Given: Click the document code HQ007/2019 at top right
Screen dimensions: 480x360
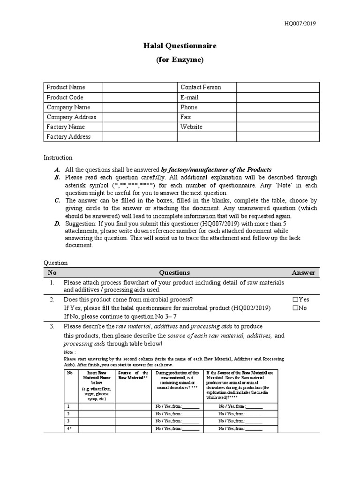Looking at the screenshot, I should (x=303, y=24).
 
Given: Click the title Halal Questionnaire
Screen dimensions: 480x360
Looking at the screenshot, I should (x=180, y=46).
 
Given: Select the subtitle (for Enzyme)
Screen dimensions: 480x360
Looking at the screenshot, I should (x=180, y=60).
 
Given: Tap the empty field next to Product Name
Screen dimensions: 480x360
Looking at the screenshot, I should (x=140, y=87).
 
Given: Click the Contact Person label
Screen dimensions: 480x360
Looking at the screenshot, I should (x=200, y=87).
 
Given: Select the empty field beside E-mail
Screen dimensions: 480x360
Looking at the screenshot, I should (x=277, y=97).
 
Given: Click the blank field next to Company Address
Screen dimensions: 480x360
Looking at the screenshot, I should (x=140, y=117).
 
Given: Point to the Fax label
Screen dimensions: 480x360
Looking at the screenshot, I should (x=186, y=117).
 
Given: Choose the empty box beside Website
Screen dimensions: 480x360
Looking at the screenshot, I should (x=277, y=127).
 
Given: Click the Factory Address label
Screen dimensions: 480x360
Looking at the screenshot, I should (x=68, y=137).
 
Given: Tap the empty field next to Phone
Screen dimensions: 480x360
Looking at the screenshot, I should (x=277, y=107).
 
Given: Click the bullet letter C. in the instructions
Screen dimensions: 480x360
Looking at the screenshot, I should (x=57, y=200).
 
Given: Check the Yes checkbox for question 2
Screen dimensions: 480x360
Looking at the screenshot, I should (x=295, y=300).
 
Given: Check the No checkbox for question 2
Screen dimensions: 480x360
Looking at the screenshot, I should (x=295, y=308).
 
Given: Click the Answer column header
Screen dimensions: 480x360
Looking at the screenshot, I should (x=304, y=272).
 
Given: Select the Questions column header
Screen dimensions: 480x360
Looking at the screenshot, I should (x=174, y=272).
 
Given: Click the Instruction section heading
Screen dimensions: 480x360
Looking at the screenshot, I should (x=58, y=157).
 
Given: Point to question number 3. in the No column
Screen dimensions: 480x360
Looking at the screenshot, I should (x=52, y=326).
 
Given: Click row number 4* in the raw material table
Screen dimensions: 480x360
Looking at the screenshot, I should (x=69, y=428).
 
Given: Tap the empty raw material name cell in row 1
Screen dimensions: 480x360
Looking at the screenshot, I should (x=97, y=406).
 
